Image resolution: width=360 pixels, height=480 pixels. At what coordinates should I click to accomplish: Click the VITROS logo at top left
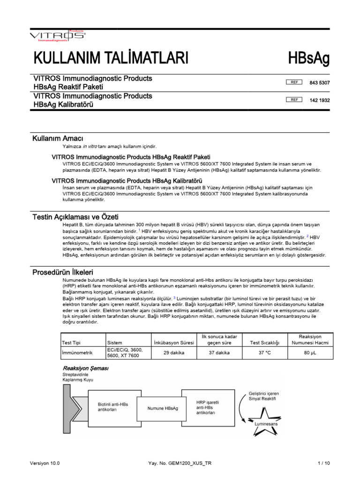coord(57,35)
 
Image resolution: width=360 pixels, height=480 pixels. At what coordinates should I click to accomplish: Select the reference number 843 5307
coord(319,82)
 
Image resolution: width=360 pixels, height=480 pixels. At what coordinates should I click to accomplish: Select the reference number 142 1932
coord(319,100)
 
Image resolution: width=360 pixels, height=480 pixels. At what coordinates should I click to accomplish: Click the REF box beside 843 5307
coord(294,82)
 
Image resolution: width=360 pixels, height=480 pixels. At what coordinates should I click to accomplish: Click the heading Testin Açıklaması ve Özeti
coord(75,217)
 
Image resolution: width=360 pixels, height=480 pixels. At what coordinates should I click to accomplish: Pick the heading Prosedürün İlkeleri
coord(63,272)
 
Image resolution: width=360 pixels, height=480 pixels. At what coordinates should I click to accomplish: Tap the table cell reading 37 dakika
coord(219,352)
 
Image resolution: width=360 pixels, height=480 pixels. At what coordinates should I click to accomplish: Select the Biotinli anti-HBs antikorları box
coord(112,406)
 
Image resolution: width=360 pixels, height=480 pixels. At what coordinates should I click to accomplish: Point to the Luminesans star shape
coord(266,418)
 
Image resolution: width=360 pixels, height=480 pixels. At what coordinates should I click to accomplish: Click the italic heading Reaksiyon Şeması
coord(85,368)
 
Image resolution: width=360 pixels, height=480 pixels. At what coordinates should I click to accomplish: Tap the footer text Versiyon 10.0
coord(45,463)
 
